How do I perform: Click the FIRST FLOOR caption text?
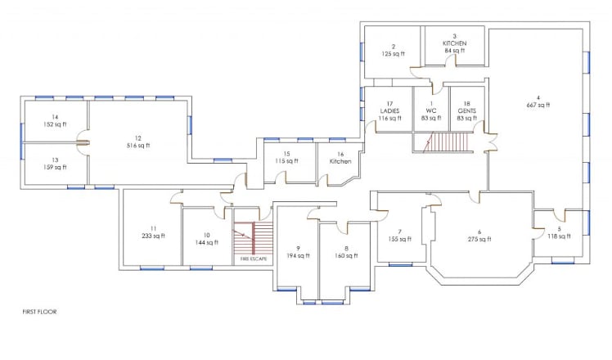[39, 312]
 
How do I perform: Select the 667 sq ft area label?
[538, 105]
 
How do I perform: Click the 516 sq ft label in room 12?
[138, 146]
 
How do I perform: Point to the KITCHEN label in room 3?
[454, 43]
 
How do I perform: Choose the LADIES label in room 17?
[389, 110]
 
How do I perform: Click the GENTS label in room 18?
[466, 110]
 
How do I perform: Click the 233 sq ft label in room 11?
[152, 236]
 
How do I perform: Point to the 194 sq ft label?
[299, 256]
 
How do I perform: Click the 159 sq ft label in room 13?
[55, 168]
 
